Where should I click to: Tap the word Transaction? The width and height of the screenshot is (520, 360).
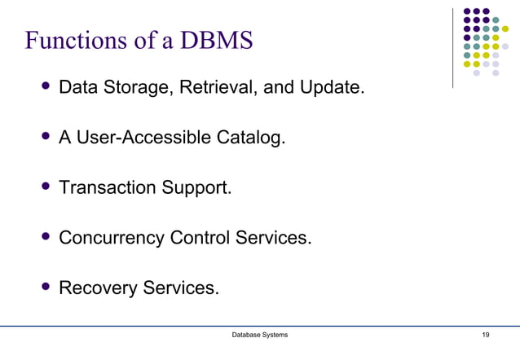coord(109,187)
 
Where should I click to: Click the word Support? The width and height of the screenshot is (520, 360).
coord(199,187)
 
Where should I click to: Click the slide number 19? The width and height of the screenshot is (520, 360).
coord(486,336)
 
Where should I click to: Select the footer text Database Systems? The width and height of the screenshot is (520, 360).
coord(259,336)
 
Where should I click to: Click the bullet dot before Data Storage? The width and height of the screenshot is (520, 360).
coord(46,86)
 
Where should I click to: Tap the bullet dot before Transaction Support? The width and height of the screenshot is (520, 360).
coord(46,187)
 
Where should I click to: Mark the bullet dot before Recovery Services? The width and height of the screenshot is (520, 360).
coord(46,287)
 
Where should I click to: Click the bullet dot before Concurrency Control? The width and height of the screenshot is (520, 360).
coord(46,237)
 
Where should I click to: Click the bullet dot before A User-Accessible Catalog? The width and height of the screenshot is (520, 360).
coord(46,136)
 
